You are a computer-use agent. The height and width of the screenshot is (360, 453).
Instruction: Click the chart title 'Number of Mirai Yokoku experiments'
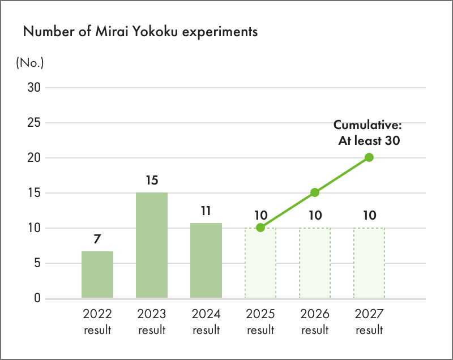(140, 32)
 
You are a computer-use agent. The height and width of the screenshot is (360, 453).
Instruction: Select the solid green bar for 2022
(97, 275)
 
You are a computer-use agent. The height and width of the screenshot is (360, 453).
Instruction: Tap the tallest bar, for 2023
(152, 246)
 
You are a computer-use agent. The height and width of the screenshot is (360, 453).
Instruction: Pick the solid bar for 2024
(206, 260)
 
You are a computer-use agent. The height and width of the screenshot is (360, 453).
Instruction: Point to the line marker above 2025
(260, 228)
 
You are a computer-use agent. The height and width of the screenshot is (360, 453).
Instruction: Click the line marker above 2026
(315, 192)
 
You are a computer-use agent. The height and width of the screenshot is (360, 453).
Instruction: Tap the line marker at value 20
(369, 157)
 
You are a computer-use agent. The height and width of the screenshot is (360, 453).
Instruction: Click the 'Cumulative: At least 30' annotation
(367, 133)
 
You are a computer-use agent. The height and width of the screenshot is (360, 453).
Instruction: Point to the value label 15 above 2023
(152, 181)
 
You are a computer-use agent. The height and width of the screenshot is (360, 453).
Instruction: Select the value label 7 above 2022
(97, 239)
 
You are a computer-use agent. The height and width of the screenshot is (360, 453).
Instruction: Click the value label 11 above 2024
(206, 211)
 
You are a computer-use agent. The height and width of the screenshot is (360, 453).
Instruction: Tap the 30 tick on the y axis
(34, 88)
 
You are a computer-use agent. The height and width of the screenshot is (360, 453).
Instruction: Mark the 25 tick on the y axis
(34, 123)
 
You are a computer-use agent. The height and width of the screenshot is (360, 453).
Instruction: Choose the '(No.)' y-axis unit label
(29, 62)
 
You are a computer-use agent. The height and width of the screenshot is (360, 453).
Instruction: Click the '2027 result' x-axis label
(369, 322)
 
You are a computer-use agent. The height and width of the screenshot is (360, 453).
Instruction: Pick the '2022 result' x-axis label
(97, 322)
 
